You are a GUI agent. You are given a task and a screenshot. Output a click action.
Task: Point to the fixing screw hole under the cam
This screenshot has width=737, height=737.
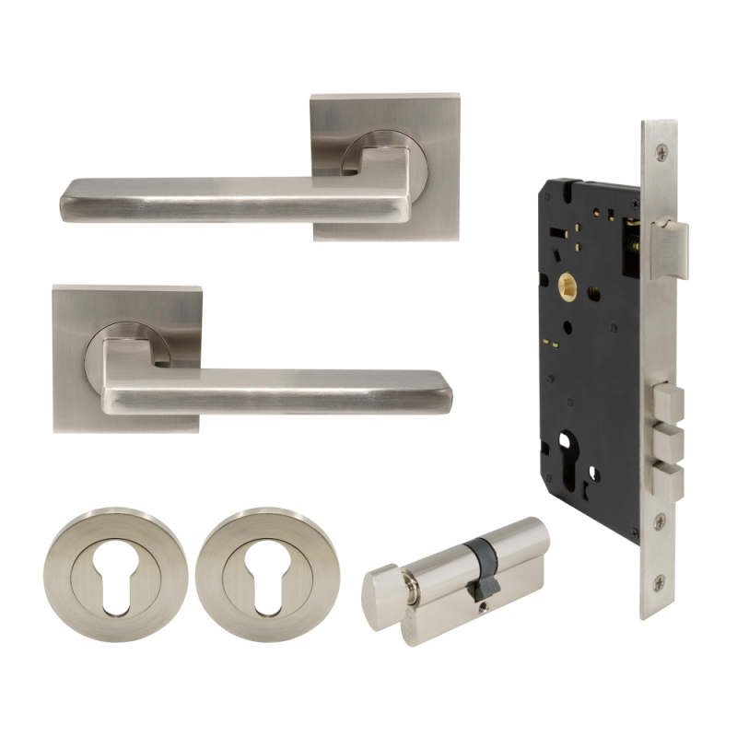point(482,604)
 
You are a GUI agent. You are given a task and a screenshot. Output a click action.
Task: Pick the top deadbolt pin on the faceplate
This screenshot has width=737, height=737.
point(668,403)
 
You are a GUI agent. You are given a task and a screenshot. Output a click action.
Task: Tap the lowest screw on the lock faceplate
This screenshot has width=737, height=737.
point(659,582)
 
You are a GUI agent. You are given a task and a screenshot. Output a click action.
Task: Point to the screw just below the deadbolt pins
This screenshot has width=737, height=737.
point(660,521)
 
